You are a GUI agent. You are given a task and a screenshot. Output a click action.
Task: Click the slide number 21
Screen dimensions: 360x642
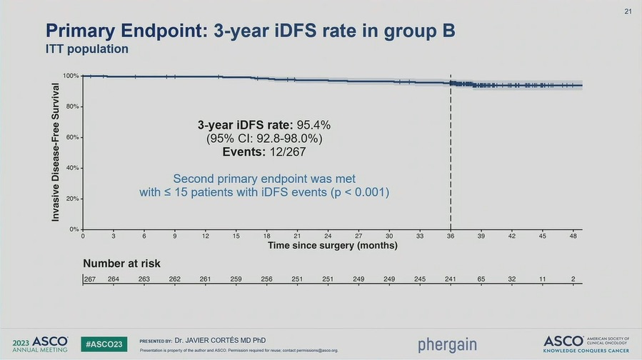point(628,11)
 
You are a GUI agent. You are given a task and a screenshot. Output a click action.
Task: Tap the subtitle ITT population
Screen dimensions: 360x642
point(87,49)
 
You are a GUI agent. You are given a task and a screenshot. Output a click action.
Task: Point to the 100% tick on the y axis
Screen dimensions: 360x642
point(71,76)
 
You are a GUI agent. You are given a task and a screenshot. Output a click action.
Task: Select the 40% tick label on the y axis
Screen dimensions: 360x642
point(73,168)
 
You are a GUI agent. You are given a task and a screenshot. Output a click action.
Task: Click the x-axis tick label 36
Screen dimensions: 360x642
point(451,236)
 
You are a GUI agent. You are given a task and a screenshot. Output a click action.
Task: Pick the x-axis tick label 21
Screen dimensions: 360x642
point(297,236)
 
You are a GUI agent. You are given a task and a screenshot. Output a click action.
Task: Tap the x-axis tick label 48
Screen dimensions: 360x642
point(573,236)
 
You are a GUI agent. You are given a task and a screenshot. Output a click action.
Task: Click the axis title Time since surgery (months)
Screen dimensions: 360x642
point(332,246)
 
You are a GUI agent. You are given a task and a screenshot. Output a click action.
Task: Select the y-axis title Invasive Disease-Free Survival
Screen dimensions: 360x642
point(56,151)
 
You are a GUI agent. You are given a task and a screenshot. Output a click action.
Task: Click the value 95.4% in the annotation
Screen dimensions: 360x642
point(314,125)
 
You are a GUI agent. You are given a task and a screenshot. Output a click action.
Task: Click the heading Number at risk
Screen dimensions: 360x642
point(121,264)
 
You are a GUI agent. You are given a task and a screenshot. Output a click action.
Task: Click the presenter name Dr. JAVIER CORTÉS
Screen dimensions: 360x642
point(213,340)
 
